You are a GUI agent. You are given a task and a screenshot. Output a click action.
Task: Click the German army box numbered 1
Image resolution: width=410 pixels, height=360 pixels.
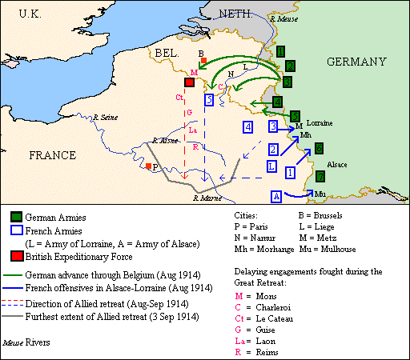point(280,50)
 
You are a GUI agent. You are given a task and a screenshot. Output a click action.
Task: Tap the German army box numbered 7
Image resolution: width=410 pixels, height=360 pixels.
point(320,176)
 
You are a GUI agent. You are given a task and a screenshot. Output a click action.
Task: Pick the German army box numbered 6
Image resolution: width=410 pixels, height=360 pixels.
point(318,148)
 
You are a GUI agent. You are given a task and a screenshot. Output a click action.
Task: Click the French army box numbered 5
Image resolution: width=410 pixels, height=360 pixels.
point(209,99)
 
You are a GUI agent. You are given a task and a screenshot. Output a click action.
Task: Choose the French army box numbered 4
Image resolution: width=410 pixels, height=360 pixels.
point(248,127)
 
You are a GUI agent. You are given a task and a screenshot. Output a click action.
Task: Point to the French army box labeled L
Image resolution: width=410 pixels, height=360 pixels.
point(272,165)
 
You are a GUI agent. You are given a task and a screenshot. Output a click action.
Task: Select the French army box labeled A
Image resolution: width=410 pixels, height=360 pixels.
point(276,196)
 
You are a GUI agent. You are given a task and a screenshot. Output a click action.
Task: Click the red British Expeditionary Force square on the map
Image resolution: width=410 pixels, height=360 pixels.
point(189,83)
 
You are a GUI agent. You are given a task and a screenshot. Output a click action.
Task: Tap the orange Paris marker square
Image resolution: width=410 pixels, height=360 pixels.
point(149,166)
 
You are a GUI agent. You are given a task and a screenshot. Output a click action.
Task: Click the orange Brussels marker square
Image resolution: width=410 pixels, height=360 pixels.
point(205,61)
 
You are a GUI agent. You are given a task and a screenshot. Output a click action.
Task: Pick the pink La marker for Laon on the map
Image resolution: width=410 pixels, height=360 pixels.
point(194,131)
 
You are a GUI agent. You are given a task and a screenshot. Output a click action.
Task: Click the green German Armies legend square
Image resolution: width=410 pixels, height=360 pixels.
point(16,217)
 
